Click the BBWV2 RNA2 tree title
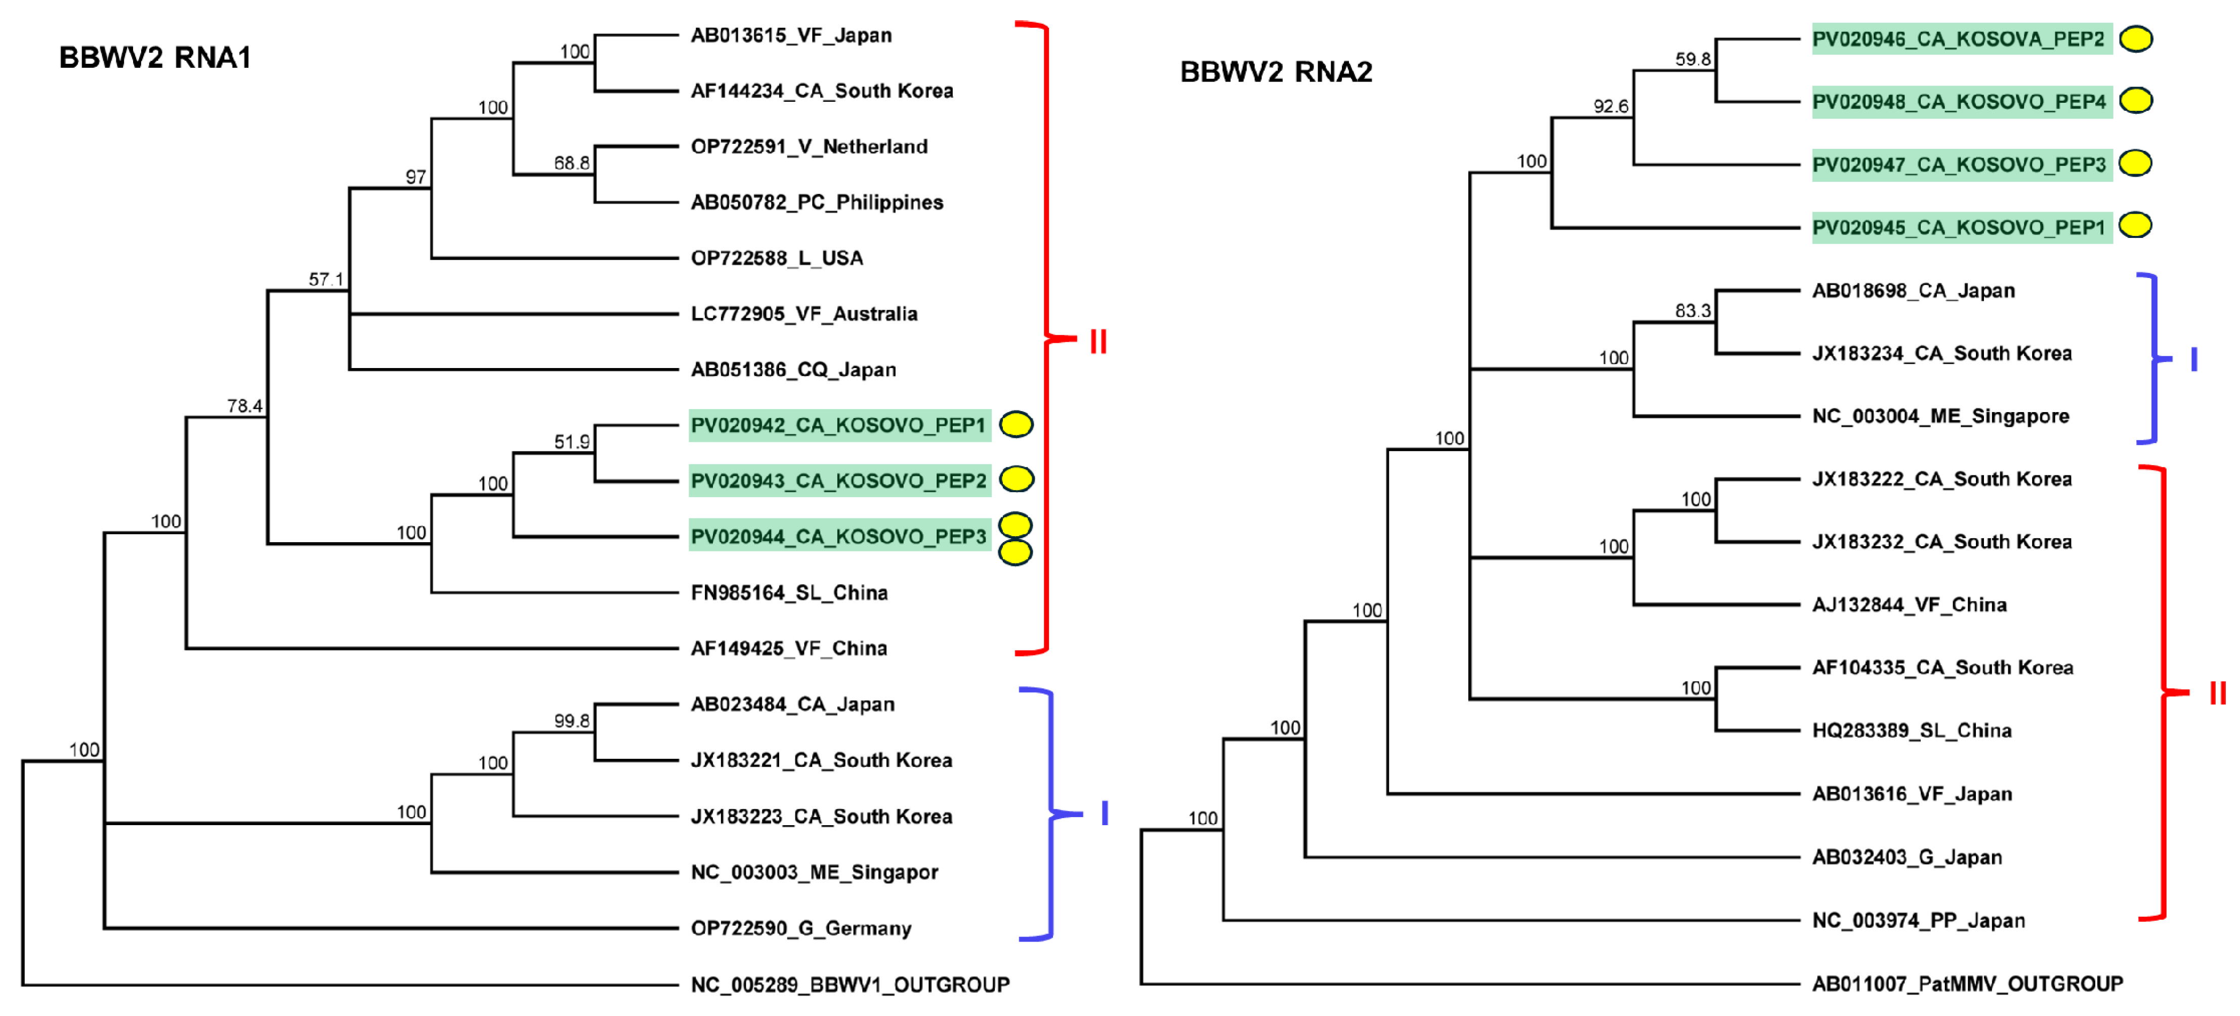click(x=1276, y=71)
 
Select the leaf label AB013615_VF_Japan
click(x=790, y=35)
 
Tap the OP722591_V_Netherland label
click(x=809, y=146)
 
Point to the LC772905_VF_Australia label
click(x=804, y=313)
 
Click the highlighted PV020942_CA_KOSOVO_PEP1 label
click(x=838, y=425)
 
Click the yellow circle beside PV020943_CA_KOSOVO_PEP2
click(x=1016, y=479)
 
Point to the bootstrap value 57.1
click(x=326, y=279)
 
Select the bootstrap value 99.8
click(x=571, y=720)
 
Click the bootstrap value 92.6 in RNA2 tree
click(x=1611, y=106)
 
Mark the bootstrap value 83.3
click(x=1692, y=310)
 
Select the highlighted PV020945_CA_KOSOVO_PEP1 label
click(x=1958, y=228)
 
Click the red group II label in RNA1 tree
click(x=1098, y=342)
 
